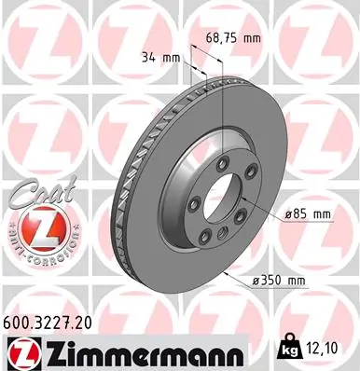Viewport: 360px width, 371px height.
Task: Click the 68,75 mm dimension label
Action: tap(228, 36)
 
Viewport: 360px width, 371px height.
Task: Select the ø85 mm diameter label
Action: tap(308, 214)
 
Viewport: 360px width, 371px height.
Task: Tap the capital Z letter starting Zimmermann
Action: tap(47, 351)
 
